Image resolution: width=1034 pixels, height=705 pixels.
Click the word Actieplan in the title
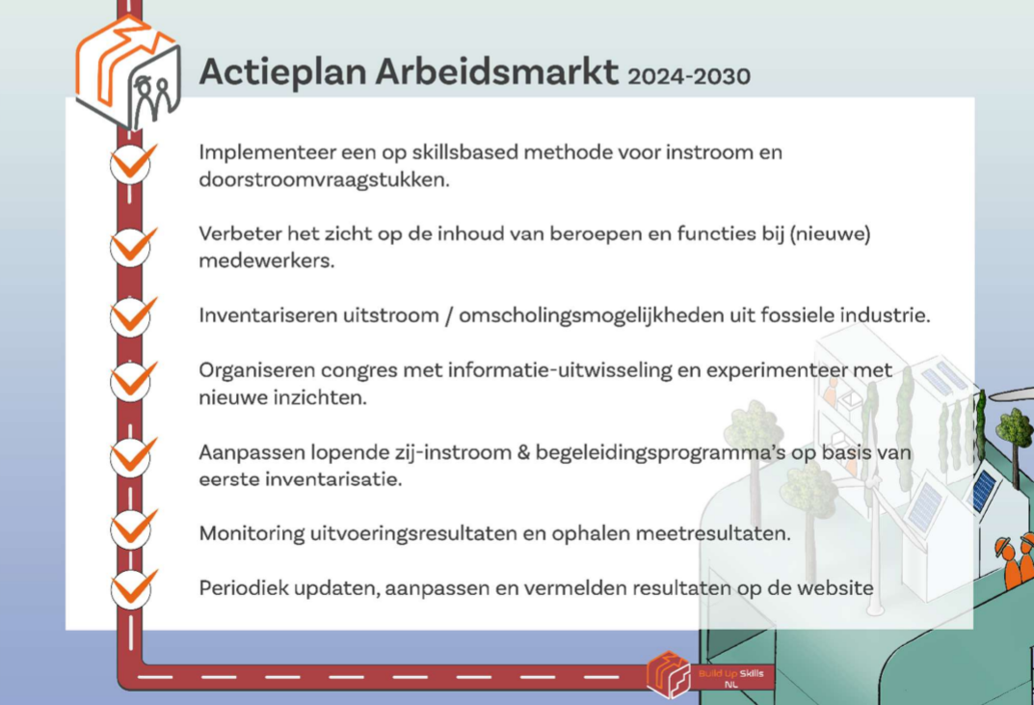282,72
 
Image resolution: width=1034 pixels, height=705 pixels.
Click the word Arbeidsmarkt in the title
497,70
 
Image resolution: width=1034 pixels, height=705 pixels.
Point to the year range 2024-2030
689,76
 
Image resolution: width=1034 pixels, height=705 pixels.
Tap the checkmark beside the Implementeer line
134,162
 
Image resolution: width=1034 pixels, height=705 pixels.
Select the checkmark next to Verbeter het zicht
134,245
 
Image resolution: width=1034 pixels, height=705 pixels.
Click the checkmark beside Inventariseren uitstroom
134,314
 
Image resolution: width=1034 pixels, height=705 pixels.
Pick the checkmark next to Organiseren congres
134,380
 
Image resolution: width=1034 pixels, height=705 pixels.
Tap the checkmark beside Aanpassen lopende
134,455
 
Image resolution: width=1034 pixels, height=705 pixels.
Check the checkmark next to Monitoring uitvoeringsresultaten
134,528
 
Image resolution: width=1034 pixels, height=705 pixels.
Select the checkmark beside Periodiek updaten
134,587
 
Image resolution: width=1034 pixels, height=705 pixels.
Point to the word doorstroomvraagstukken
324,180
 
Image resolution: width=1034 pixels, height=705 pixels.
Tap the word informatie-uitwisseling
559,370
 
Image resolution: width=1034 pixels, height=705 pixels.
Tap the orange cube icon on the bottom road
669,674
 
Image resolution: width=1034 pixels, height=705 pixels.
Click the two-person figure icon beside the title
155,99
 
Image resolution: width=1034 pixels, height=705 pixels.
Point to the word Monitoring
252,533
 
